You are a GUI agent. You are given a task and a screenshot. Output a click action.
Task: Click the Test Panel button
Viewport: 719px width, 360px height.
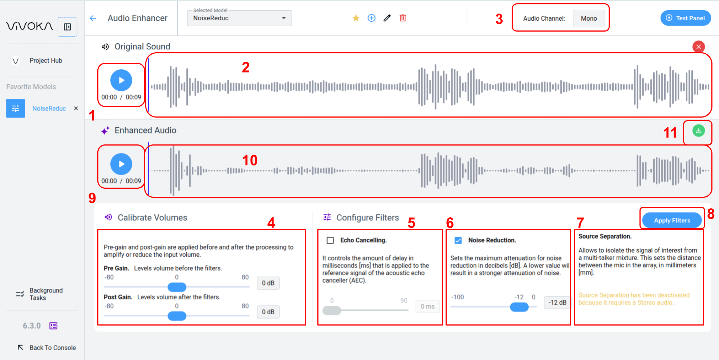686,18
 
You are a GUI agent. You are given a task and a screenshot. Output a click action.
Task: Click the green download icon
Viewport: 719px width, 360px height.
698,131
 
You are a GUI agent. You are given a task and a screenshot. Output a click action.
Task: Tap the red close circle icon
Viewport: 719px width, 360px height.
698,47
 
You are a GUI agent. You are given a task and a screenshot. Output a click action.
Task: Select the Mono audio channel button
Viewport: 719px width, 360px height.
589,19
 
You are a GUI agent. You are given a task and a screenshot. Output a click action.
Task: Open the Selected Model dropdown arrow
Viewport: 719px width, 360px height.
284,18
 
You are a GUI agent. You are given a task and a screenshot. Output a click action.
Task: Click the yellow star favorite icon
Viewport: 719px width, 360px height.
356,18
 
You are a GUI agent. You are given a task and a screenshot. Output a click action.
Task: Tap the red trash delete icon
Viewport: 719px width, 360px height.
403,18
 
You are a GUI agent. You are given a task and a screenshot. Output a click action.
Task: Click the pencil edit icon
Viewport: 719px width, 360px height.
387,18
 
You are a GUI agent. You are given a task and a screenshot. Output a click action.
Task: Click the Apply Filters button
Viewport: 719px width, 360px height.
672,220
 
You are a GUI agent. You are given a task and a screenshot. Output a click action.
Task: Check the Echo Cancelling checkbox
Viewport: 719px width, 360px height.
330,240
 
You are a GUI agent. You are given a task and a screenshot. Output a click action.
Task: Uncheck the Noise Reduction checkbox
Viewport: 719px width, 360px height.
458,240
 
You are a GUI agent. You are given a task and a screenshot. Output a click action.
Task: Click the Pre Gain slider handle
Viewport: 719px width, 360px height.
177,287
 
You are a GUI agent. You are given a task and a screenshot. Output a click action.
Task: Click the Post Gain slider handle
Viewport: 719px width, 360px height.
177,316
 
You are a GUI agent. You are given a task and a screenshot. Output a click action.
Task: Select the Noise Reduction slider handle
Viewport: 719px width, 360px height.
519,307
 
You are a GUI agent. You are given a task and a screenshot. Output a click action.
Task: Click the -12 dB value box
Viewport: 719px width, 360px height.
557,303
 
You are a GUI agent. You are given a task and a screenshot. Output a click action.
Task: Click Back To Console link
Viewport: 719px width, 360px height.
46,348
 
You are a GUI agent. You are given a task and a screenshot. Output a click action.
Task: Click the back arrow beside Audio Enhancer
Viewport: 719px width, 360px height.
93,18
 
